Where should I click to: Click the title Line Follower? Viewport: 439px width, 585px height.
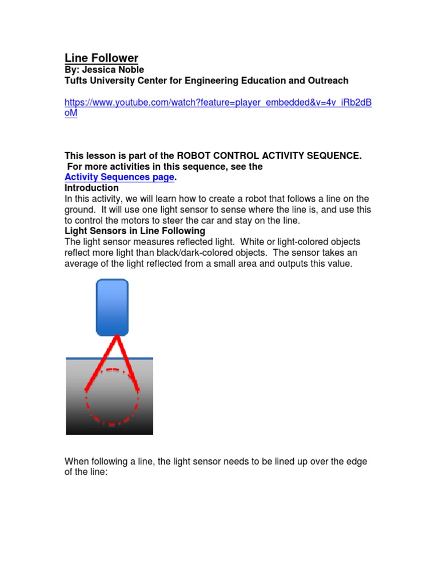point(101,58)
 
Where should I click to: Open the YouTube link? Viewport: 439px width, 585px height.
point(218,102)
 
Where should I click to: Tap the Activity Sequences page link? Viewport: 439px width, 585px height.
point(119,177)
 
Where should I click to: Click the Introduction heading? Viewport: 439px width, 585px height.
point(91,188)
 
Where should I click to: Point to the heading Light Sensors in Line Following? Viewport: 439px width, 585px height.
point(134,231)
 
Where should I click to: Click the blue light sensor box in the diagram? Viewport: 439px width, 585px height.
point(112,307)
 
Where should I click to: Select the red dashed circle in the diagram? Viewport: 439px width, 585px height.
point(112,417)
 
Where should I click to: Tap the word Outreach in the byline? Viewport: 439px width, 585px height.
point(328,81)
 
